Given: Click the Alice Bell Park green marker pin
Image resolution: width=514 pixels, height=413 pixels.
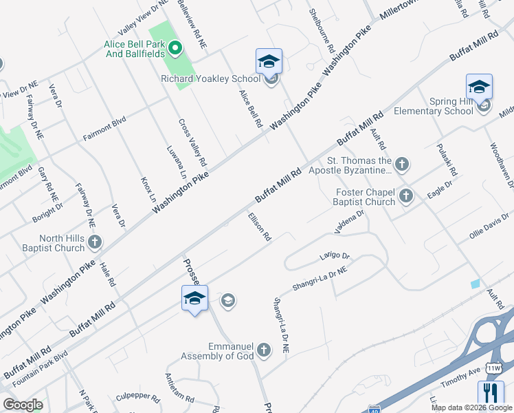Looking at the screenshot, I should tap(175, 48).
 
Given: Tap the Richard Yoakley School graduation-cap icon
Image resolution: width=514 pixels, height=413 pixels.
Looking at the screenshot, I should tap(269, 61).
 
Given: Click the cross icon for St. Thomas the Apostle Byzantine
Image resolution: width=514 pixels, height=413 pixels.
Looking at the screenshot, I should tap(402, 165).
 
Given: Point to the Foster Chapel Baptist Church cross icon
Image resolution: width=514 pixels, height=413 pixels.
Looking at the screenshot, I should tap(406, 196).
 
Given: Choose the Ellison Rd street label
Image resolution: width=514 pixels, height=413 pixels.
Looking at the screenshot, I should tap(259, 226).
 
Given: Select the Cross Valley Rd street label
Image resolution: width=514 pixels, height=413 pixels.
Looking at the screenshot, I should tap(192, 143).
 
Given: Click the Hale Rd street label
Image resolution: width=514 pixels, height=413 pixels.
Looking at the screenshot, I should tap(108, 273).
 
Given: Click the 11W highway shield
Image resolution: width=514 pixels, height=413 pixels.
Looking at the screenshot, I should tap(493, 368).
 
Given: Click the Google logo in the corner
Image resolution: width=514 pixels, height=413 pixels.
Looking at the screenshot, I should tap(23, 405).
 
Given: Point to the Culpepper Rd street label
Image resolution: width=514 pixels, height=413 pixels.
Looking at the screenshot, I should tap(137, 398).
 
